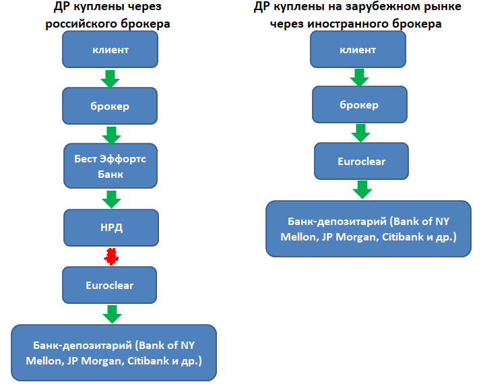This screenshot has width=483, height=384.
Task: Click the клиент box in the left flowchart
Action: click(x=110, y=50)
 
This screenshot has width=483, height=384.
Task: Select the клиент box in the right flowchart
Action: click(x=358, y=49)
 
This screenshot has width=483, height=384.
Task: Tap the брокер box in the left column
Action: click(x=110, y=106)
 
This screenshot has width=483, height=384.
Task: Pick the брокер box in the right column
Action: click(x=358, y=105)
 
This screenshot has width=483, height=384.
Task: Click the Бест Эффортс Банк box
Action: click(x=110, y=166)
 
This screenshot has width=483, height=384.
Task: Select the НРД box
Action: click(x=110, y=228)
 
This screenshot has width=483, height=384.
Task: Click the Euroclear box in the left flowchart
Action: click(x=110, y=285)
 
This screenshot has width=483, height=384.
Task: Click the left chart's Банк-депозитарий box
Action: click(x=114, y=353)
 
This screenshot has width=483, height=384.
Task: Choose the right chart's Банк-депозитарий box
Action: click(x=368, y=228)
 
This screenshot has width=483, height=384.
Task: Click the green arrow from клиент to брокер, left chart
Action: click(x=110, y=79)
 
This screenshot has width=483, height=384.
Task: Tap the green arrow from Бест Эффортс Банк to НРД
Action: click(x=110, y=199)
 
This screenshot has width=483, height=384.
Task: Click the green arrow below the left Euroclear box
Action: click(x=111, y=314)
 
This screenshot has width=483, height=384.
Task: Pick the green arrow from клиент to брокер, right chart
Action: click(x=358, y=78)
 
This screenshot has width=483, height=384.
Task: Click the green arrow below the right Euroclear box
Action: click(x=363, y=189)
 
